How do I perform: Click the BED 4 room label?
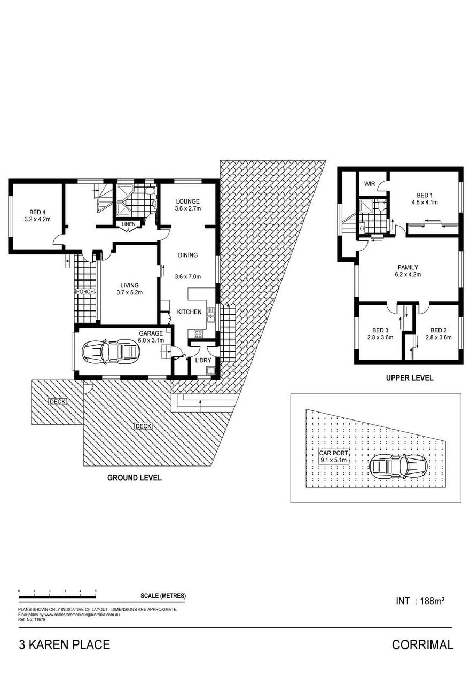[x=37, y=212]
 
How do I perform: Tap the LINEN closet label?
[x=128, y=224]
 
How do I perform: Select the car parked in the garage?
[x=111, y=352]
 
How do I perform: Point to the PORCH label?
[x=85, y=292]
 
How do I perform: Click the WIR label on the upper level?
[x=369, y=184]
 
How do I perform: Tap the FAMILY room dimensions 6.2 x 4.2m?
[x=408, y=274]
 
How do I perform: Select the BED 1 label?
[x=425, y=195]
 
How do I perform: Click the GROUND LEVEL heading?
[x=134, y=478]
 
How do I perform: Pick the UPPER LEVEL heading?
[x=410, y=378]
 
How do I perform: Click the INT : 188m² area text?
[x=420, y=601]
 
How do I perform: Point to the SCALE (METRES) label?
[x=163, y=596]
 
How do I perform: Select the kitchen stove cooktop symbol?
[x=198, y=333]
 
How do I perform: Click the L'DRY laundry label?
[x=203, y=360]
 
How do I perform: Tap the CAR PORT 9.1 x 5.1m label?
[x=333, y=456]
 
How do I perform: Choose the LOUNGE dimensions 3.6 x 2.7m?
[x=187, y=208]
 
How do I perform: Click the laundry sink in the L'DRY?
[x=210, y=371]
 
